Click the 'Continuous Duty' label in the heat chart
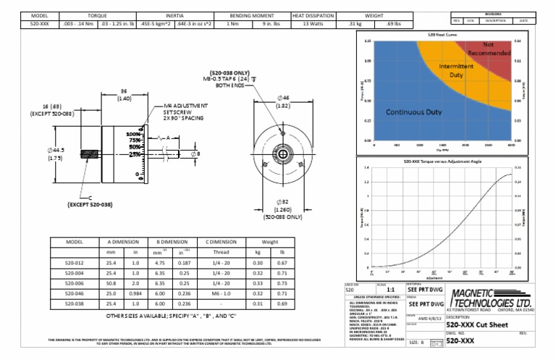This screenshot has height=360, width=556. (x=413, y=113)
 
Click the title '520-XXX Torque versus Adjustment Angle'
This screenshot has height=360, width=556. (x=434, y=161)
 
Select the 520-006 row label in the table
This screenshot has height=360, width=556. (x=75, y=284)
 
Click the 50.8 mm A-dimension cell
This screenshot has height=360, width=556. (x=111, y=284)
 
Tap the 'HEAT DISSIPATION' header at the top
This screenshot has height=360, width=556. (x=313, y=14)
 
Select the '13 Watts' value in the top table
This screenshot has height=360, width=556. (x=313, y=24)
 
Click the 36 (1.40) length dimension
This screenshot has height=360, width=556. (x=123, y=94)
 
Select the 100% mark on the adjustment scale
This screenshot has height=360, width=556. (x=134, y=134)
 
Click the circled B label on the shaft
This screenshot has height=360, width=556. (x=193, y=154)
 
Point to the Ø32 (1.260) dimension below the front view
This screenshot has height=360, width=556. (x=278, y=207)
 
